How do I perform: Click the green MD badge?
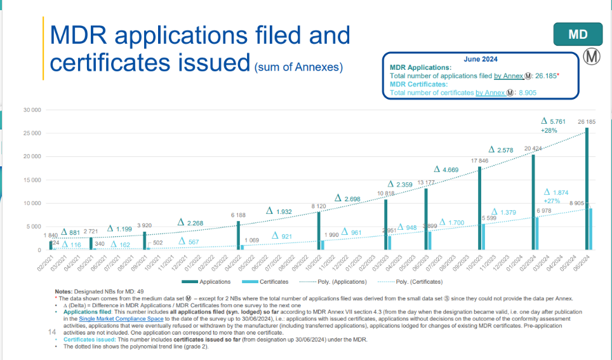coord(578,34)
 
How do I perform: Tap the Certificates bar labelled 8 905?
coord(590,229)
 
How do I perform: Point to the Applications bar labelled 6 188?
coord(239,236)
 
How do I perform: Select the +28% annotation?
coord(549,130)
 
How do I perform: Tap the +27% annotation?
coord(553,201)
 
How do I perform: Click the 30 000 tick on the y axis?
coord(32,110)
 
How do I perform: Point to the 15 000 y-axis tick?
coord(32,180)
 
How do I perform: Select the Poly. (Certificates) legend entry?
coord(409,281)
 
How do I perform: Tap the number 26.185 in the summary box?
coord(545,76)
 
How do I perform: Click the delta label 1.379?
coord(504,212)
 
